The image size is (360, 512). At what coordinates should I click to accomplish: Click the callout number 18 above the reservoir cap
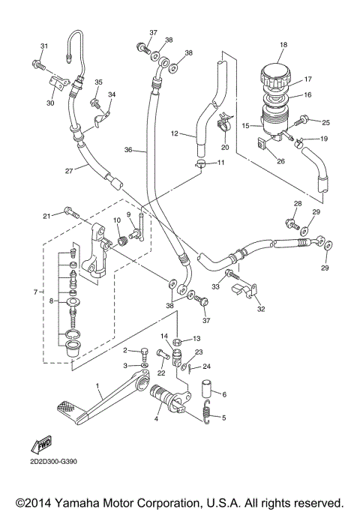coord(283,46)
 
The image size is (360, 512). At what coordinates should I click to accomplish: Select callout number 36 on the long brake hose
coord(128,150)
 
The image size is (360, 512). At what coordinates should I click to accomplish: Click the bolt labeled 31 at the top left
coord(36,64)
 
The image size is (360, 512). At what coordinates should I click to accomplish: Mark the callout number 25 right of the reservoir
coord(325,121)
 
